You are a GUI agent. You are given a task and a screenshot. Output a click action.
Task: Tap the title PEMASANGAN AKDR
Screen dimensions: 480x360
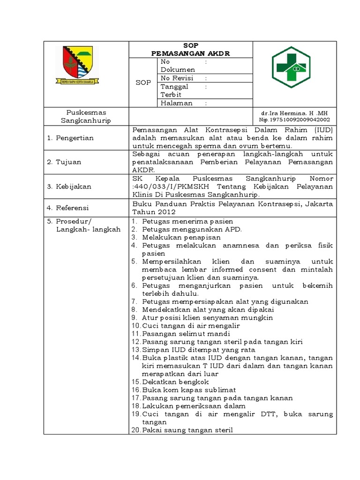pyautogui.click(x=190, y=53)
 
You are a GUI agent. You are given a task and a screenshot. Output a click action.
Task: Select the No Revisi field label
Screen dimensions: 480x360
pyautogui.click(x=177, y=78)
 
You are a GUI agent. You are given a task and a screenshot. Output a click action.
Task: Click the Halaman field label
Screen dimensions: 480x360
pyautogui.click(x=176, y=103)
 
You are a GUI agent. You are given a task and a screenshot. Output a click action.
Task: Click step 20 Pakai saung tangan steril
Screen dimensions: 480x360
pyautogui.click(x=187, y=430)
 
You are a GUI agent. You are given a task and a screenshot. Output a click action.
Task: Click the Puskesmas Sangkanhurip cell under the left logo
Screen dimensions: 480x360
pyautogui.click(x=86, y=117)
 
